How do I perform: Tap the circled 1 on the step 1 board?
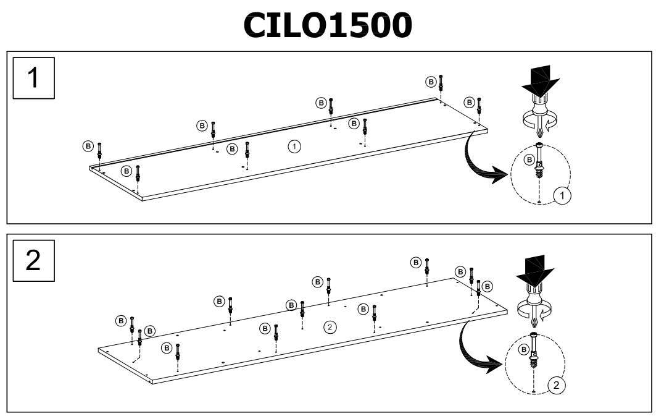295,146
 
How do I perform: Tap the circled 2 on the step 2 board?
331,326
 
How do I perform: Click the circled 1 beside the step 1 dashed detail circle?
563,196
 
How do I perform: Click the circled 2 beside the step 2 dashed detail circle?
555,385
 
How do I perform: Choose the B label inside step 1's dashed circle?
529,160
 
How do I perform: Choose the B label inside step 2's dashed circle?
524,350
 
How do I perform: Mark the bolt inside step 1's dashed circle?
540,163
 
